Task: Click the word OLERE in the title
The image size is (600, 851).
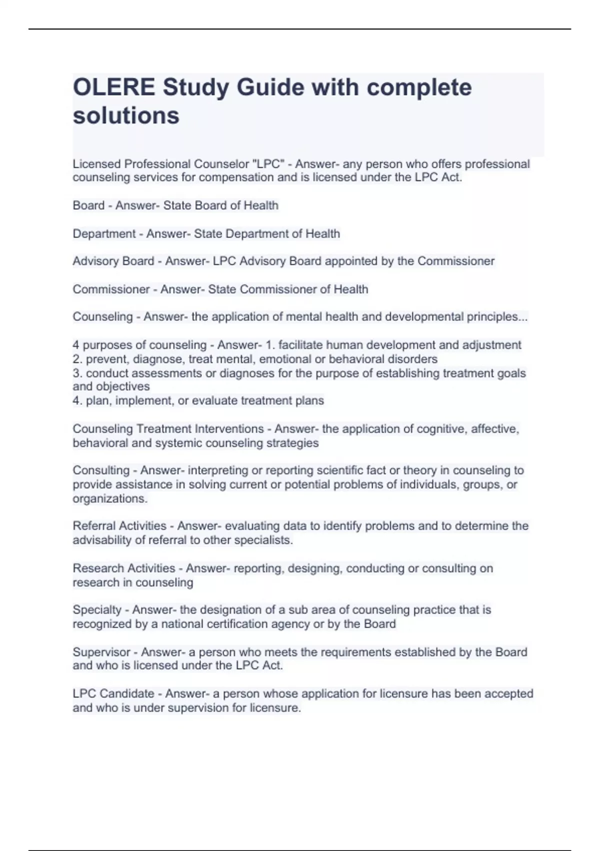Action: click(x=114, y=88)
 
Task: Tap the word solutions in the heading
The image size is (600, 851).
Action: click(x=126, y=116)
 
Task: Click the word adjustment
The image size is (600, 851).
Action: click(x=491, y=345)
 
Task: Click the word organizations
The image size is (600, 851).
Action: click(x=109, y=499)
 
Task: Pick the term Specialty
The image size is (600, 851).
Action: click(x=97, y=610)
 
